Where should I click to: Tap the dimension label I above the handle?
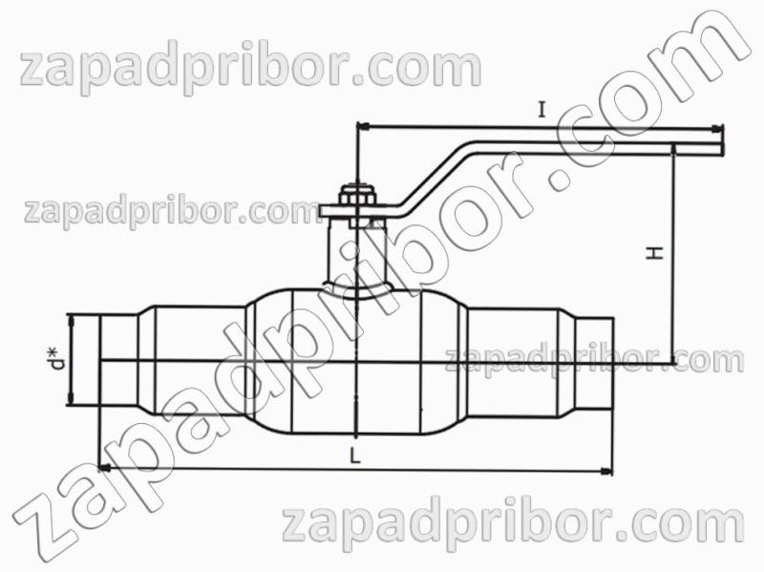541,110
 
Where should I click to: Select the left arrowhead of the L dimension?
104,469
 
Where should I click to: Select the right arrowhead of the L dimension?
607,471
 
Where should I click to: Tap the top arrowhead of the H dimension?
673,149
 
